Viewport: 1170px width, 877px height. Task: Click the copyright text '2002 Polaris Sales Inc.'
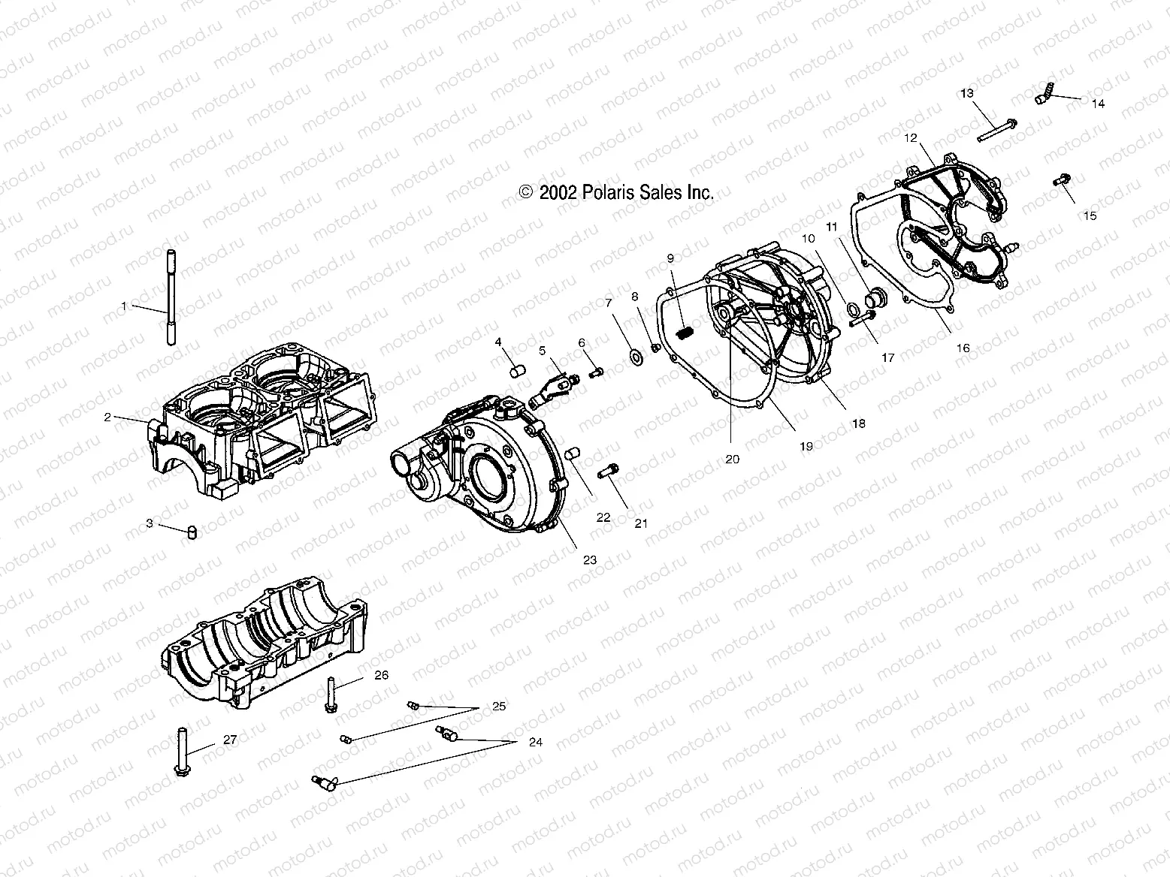point(616,193)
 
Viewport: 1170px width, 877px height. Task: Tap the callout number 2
point(107,417)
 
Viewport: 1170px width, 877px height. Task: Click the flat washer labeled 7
point(635,354)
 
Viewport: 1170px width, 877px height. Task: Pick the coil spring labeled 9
point(683,334)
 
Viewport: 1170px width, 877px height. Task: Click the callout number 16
point(963,348)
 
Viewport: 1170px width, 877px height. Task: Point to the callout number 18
point(857,423)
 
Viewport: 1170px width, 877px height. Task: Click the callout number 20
point(732,459)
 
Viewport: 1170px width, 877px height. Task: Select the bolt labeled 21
point(607,472)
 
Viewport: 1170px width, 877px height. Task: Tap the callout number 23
point(589,559)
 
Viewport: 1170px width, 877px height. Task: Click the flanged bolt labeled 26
point(331,695)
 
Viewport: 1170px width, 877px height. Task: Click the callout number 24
point(535,743)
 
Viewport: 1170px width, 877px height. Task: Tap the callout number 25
point(498,707)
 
